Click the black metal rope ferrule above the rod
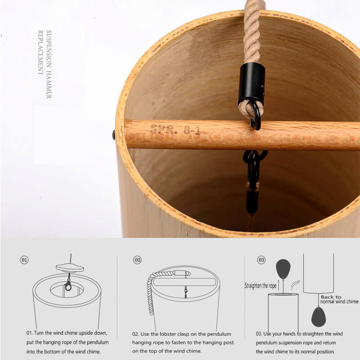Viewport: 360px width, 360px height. pos(252,82)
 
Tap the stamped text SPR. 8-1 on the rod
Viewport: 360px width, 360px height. pos(175,130)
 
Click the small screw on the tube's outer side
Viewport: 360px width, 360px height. pos(113,135)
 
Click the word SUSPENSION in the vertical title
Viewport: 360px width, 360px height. pos(49,49)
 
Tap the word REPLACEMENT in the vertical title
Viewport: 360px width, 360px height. pos(40,53)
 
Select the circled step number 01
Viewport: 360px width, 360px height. pos(24,260)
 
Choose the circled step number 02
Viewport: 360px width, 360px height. pos(137,260)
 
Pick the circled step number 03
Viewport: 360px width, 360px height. pos(261,260)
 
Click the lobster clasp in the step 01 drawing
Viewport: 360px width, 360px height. pos(68,285)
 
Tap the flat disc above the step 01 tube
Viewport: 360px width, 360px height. pos(70,268)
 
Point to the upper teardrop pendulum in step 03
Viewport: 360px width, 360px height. pos(283,269)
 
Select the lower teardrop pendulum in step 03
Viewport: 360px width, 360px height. pos(319,317)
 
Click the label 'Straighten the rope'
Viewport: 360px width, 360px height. pos(261,286)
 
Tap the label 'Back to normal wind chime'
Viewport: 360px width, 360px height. pos(339,299)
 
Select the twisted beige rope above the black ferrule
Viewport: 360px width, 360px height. pos(252,31)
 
